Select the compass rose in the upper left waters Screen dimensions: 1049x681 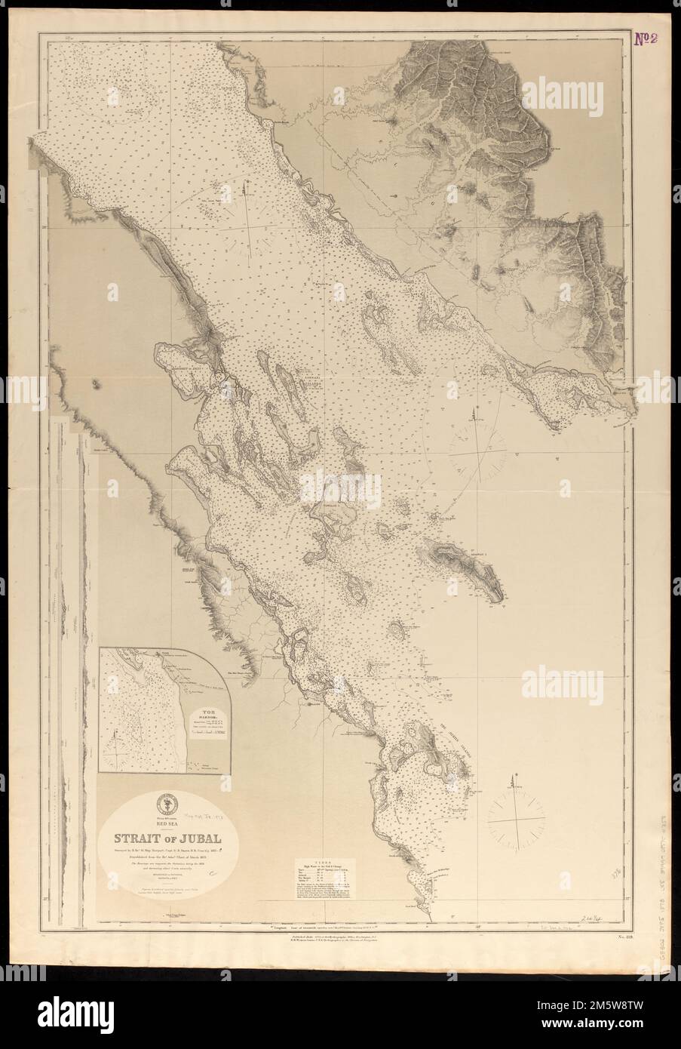pyautogui.click(x=250, y=226)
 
